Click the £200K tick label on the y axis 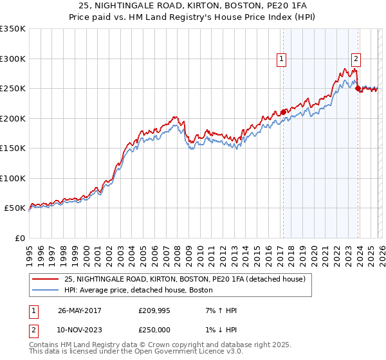pos(13,118)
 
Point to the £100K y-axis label pos(13,178)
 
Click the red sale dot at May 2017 pos(283,113)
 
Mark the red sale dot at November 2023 pos(358,89)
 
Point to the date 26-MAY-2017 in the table pos(80,310)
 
